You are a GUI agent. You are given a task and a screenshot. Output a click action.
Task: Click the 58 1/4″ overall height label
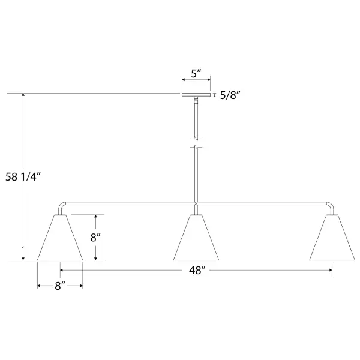[23, 177]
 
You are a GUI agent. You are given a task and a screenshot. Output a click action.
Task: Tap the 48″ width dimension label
[197, 271]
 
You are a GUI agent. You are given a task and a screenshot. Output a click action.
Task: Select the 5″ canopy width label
[196, 74]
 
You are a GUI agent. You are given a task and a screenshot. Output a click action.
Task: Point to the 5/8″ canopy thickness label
[230, 95]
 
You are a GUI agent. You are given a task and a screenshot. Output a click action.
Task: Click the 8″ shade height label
[95, 238]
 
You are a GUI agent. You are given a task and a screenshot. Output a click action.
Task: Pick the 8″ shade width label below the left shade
[60, 286]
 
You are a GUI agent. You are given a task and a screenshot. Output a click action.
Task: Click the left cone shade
[60, 238]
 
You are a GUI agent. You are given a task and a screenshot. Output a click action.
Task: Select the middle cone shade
[196, 238]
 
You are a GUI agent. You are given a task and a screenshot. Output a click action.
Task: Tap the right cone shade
[332, 238]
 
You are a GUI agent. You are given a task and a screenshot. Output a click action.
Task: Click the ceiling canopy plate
[196, 95]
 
